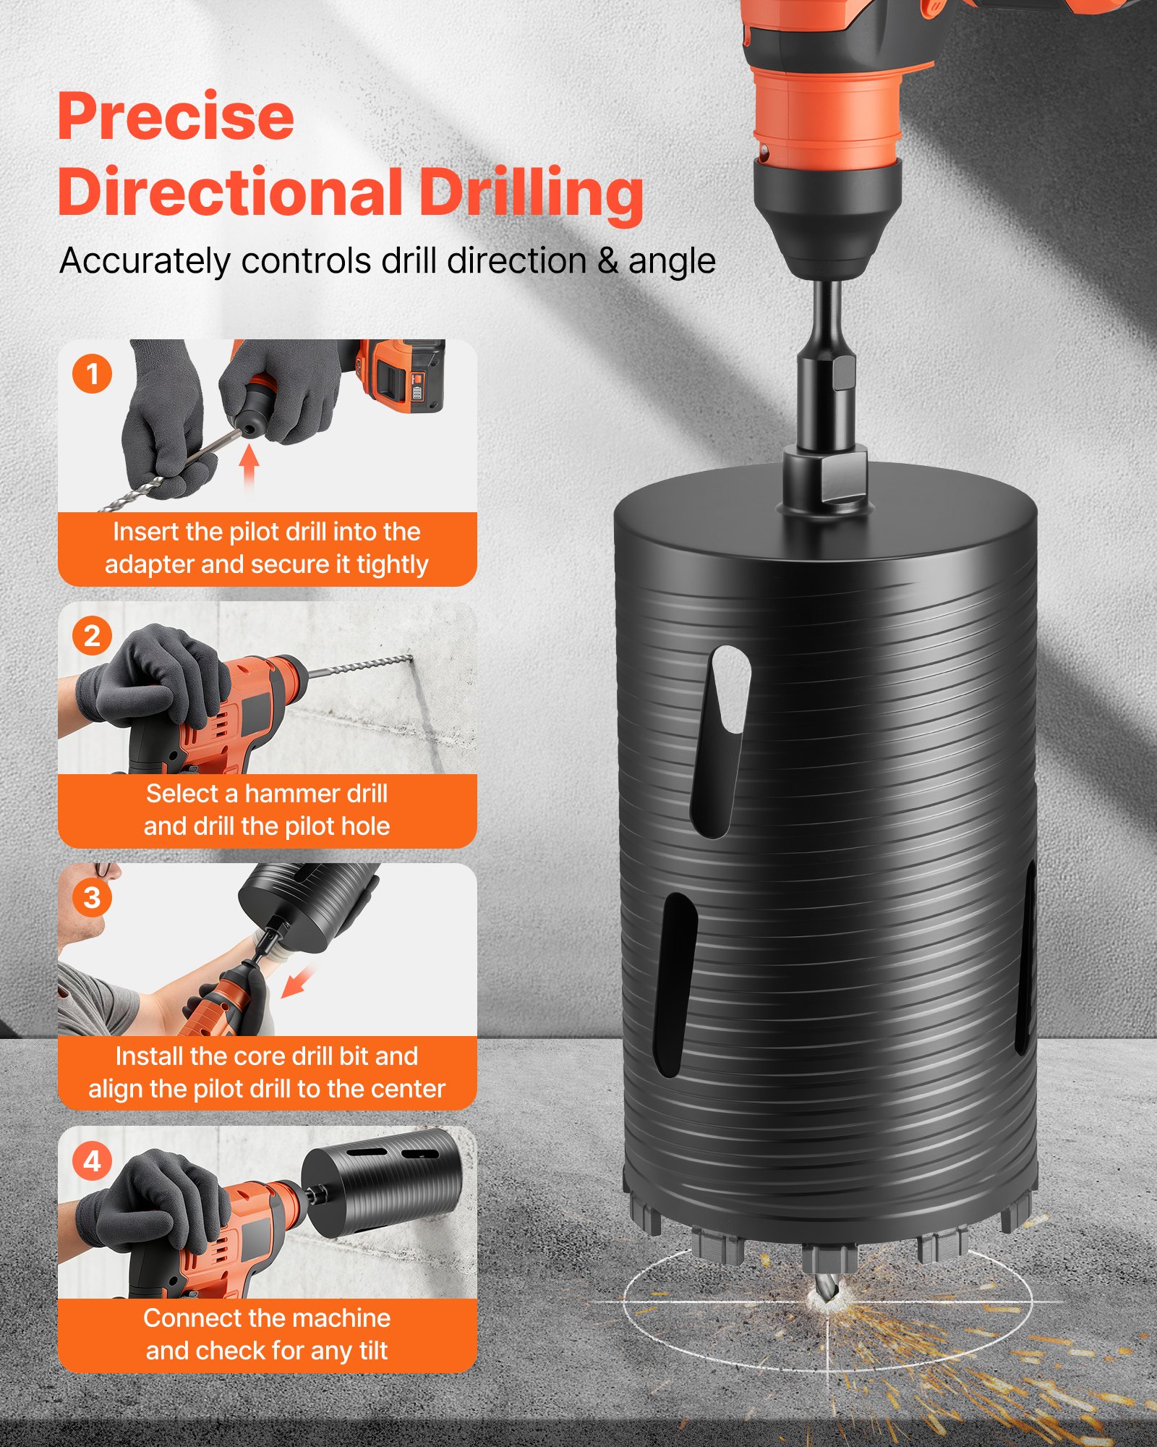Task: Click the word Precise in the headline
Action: pyautogui.click(x=176, y=117)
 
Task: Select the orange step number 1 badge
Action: pyautogui.click(x=92, y=374)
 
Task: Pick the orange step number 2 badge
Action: pyautogui.click(x=92, y=636)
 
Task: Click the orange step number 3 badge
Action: pyautogui.click(x=92, y=898)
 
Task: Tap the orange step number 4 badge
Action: pyautogui.click(x=92, y=1161)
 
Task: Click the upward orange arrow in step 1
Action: pyautogui.click(x=249, y=467)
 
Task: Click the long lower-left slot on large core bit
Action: pyautogui.click(x=674, y=984)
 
